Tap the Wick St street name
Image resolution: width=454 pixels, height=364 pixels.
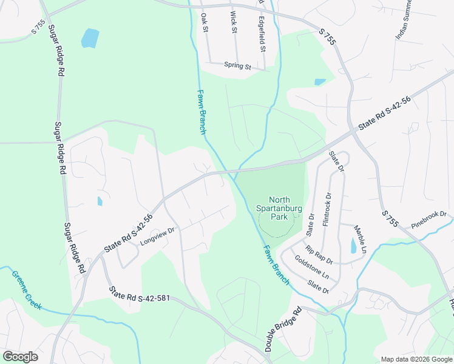(233, 24)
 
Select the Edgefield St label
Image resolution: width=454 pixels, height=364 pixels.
(262, 33)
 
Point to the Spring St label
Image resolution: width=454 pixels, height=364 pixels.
(237, 66)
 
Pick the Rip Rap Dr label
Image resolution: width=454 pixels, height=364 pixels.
(319, 255)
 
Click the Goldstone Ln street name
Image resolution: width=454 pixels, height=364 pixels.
(312, 268)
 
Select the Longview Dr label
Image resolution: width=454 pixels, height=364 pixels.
(157, 236)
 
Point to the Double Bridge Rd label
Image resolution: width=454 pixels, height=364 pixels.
(283, 330)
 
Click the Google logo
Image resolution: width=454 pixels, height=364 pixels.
(20, 356)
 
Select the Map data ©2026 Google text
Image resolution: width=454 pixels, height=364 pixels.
(416, 359)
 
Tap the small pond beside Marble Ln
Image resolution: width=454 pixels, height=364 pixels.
(353, 246)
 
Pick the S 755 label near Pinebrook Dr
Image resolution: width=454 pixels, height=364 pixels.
(390, 219)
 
